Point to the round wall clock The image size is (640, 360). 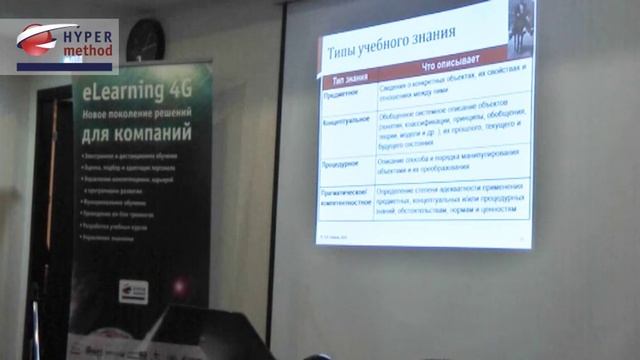(x=146, y=40)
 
